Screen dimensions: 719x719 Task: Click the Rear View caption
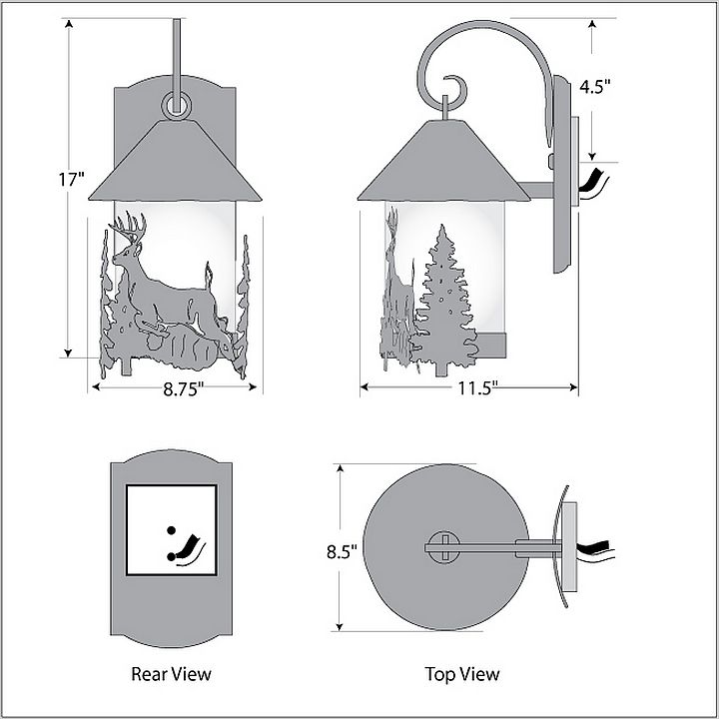tap(171, 674)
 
